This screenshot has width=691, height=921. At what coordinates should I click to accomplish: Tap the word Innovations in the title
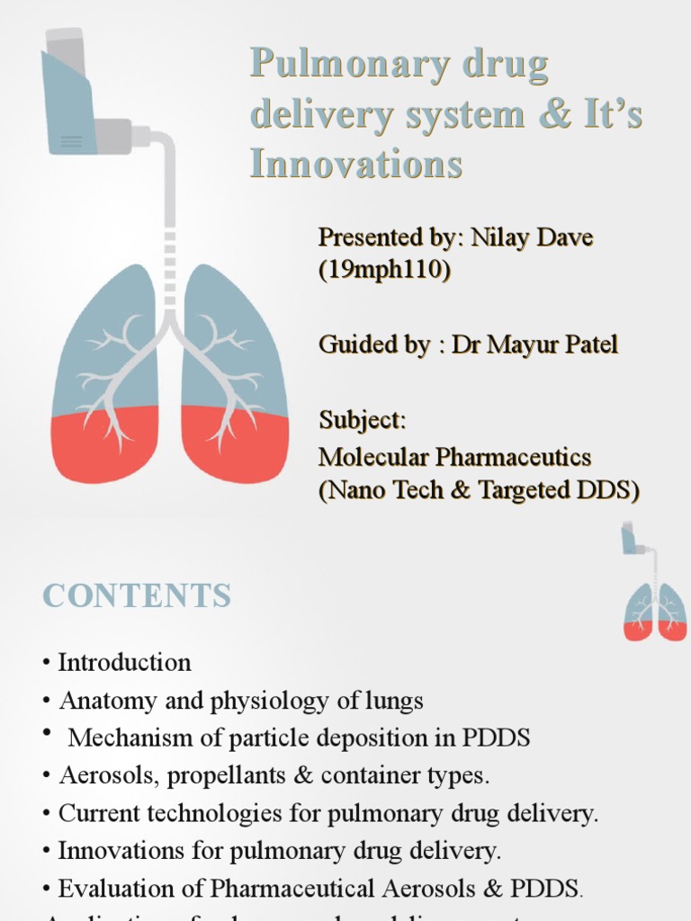tap(356, 165)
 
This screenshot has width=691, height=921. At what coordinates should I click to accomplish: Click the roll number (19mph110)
tap(384, 270)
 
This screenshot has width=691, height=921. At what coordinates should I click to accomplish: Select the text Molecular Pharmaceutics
tap(454, 457)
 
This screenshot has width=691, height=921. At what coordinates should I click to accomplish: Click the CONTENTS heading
tap(137, 595)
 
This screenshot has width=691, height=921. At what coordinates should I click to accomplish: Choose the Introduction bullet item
tap(124, 663)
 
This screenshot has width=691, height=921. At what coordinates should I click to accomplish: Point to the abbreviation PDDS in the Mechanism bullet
tap(496, 738)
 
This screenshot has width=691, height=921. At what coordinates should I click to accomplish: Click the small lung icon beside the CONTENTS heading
tap(655, 612)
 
